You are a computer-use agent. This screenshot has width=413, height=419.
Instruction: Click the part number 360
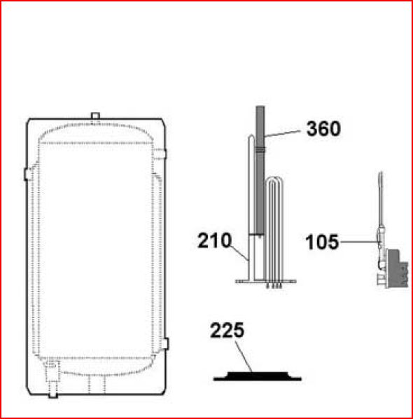click(323, 129)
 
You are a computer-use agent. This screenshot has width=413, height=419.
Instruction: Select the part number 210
click(214, 240)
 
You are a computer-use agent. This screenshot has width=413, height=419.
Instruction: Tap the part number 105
click(322, 242)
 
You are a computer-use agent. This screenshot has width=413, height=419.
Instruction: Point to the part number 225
click(227, 330)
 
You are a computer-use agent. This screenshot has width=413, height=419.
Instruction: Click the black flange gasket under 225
click(258, 376)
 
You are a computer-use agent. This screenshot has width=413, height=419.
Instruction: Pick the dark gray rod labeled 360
click(260, 171)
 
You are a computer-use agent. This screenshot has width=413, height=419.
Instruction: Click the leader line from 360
click(283, 134)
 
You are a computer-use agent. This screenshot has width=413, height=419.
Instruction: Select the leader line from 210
click(239, 252)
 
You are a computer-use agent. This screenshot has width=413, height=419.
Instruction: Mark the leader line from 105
click(360, 242)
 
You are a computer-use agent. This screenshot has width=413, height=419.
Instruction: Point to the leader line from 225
click(244, 357)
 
